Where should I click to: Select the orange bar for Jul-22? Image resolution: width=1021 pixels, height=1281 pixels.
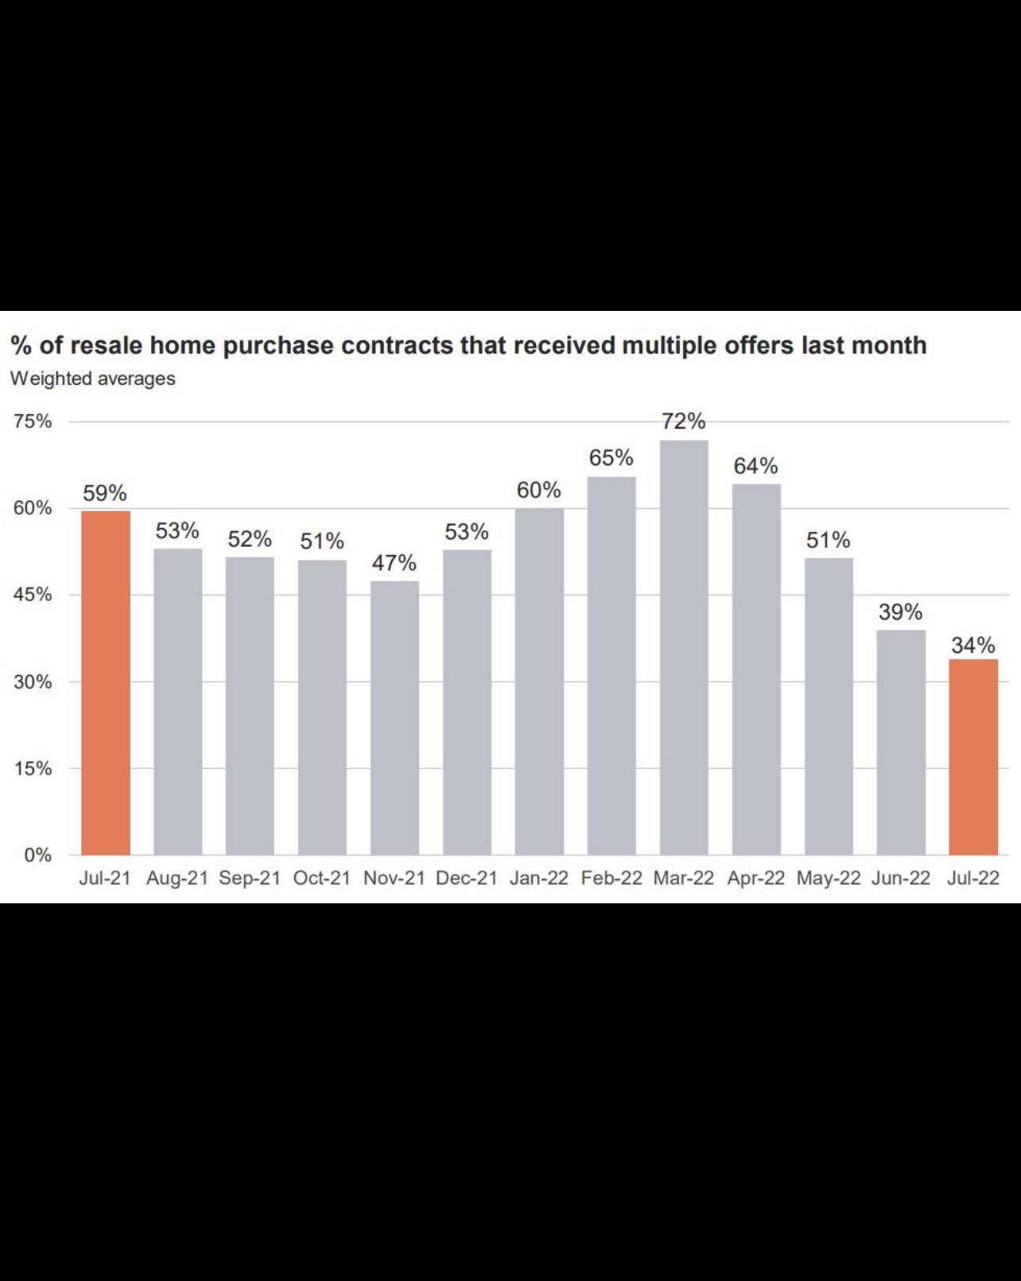point(973,756)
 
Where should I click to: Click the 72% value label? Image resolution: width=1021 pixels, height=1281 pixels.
point(684,421)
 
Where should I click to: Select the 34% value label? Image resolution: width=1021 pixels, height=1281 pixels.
point(973,645)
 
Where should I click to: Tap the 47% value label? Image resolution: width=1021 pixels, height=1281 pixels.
point(394,563)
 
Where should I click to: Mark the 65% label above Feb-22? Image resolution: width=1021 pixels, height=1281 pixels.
point(611,458)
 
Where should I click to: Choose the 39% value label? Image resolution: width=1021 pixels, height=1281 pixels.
point(901,612)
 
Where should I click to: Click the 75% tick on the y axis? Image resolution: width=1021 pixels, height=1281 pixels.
point(33,421)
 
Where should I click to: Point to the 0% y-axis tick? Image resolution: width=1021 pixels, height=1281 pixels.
point(37,856)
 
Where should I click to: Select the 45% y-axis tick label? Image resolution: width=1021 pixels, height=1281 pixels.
point(33,595)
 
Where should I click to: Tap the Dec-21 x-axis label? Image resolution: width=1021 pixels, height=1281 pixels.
point(467,878)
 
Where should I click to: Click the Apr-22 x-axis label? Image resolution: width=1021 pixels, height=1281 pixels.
point(756,878)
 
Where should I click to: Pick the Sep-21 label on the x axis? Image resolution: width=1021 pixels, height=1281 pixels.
point(250,878)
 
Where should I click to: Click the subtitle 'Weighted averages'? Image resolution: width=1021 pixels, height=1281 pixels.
point(93,378)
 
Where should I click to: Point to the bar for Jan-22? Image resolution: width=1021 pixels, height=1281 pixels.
point(539,681)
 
